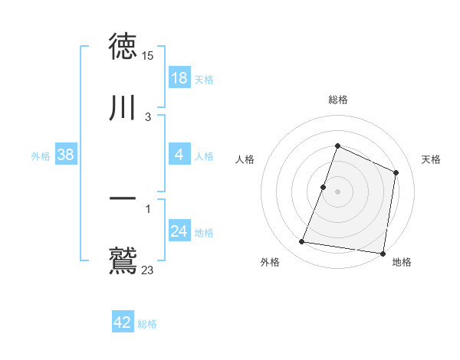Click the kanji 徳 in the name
123,46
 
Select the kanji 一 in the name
123,199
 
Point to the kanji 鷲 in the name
123,260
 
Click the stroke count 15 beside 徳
148,56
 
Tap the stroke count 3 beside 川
148,117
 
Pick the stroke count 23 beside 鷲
148,270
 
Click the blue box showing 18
179,78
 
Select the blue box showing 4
179,155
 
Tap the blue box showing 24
179,232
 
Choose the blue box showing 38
66,155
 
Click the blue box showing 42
123,323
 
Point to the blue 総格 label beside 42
147,324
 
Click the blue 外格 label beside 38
41,156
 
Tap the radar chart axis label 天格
431,159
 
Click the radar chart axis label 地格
402,263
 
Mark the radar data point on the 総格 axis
337,146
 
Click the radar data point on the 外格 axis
302,242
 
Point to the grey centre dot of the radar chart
337,191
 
